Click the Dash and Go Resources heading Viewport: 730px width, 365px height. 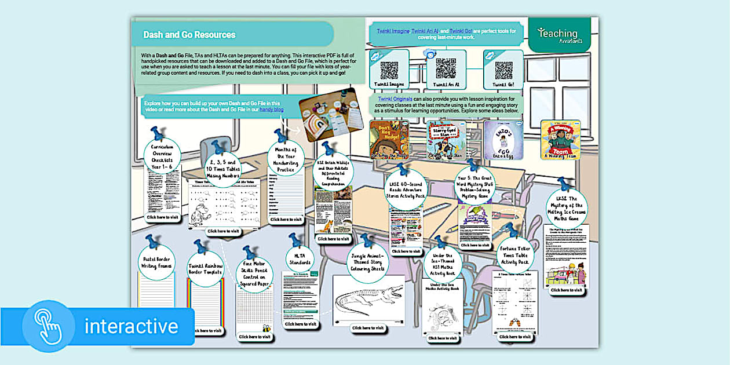[189, 35]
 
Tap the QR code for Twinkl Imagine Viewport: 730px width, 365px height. [389, 70]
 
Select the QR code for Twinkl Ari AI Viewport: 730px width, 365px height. [446, 68]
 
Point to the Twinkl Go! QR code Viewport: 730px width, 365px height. [503, 70]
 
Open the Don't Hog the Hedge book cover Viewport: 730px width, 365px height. [389, 138]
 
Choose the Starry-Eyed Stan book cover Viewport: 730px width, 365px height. [446, 138]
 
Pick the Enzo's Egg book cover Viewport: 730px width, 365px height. [503, 138]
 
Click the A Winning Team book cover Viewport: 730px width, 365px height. [560, 138]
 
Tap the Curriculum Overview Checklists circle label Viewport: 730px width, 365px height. [162, 155]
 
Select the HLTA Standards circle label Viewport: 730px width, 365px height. [300, 258]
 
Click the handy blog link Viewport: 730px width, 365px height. [271, 109]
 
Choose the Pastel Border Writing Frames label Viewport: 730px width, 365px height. [157, 262]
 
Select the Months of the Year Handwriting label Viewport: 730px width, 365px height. [286, 156]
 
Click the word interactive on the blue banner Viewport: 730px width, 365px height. [131, 326]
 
